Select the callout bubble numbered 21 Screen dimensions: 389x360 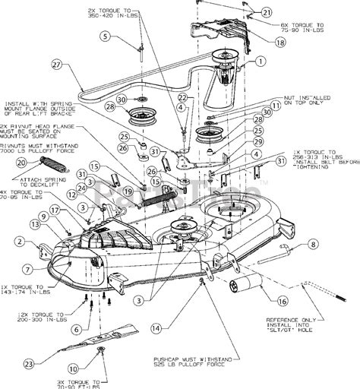(267, 12)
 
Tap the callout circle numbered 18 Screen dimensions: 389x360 (260, 43)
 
